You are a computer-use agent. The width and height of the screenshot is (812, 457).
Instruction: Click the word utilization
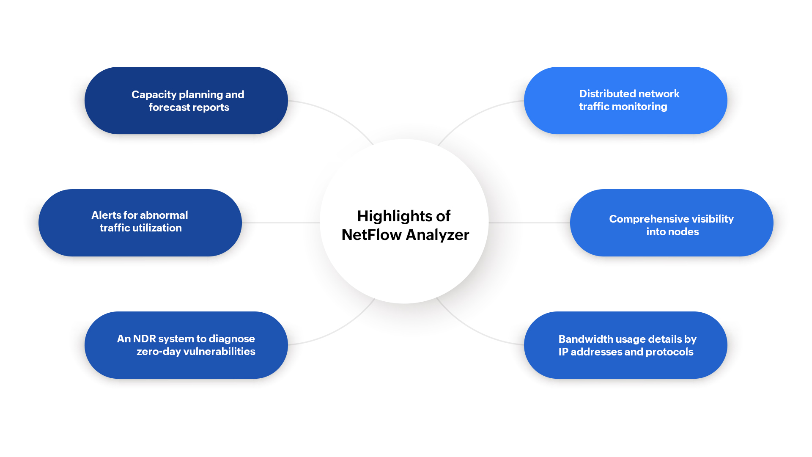point(157,228)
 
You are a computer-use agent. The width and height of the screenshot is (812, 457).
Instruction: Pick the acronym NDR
point(144,339)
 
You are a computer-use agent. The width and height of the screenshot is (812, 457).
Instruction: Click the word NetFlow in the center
point(371,235)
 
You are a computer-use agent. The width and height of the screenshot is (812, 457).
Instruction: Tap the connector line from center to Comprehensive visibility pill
point(529,223)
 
